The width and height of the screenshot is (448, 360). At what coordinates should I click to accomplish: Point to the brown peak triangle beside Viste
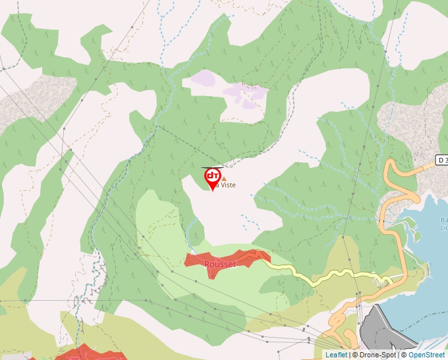[223, 178]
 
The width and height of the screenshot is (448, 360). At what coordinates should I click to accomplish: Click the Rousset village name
[220, 264]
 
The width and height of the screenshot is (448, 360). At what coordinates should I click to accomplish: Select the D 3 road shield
[441, 160]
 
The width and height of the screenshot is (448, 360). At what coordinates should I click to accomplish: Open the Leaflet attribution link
[336, 355]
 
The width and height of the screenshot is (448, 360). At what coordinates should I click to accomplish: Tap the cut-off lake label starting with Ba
[443, 220]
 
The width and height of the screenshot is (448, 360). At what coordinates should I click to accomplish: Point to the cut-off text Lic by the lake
[443, 228]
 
